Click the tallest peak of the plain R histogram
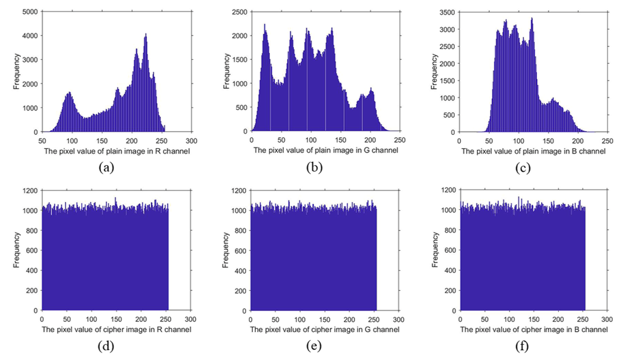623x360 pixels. coord(146,34)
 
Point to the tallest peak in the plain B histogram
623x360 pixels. coord(532,18)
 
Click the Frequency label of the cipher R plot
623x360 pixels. coord(16,250)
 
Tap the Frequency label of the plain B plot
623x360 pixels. coord(434,71)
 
